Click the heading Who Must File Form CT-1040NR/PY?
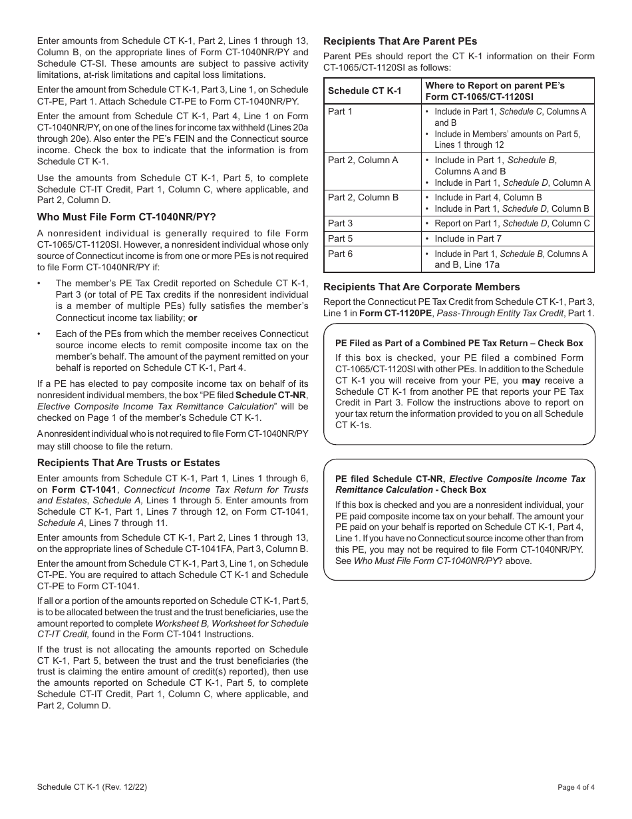tap(126, 216)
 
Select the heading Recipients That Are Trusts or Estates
tap(128, 463)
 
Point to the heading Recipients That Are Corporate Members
tap(422, 287)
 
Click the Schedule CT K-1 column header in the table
tap(355, 91)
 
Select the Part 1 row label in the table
tap(340, 111)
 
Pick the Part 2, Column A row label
tap(363, 160)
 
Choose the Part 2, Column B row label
tap(363, 197)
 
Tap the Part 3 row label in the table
tap(340, 223)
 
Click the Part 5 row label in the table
tap(340, 238)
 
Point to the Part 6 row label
tap(340, 254)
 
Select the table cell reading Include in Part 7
tap(468, 238)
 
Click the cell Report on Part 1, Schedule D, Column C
tap(512, 223)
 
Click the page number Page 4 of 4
tap(576, 787)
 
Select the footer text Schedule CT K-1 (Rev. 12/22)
tap(92, 787)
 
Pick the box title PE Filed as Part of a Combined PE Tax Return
tap(459, 344)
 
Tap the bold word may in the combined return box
tap(531, 380)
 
